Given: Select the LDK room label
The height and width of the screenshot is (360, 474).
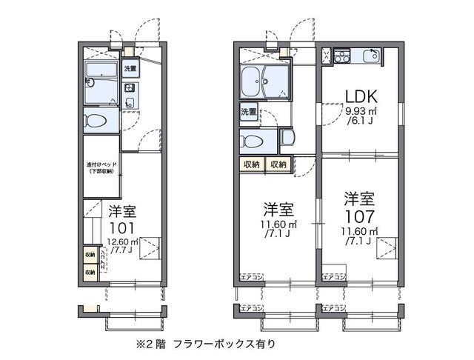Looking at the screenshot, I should click(x=361, y=96).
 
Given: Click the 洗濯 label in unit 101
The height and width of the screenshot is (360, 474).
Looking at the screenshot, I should click(x=130, y=68).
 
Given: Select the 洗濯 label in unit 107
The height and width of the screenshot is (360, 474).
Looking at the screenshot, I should click(x=248, y=113).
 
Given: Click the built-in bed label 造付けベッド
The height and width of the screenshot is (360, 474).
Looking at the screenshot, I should click(x=99, y=167).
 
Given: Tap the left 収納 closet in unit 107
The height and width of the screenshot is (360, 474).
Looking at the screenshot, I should click(x=251, y=164).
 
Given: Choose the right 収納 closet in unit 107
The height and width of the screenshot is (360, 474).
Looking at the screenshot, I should click(x=278, y=164).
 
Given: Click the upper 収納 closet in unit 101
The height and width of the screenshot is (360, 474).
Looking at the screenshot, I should click(x=90, y=256).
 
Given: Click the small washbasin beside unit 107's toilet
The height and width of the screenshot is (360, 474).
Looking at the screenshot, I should click(x=287, y=137).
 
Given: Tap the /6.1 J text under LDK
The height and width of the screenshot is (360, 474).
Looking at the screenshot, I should click(x=361, y=121).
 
